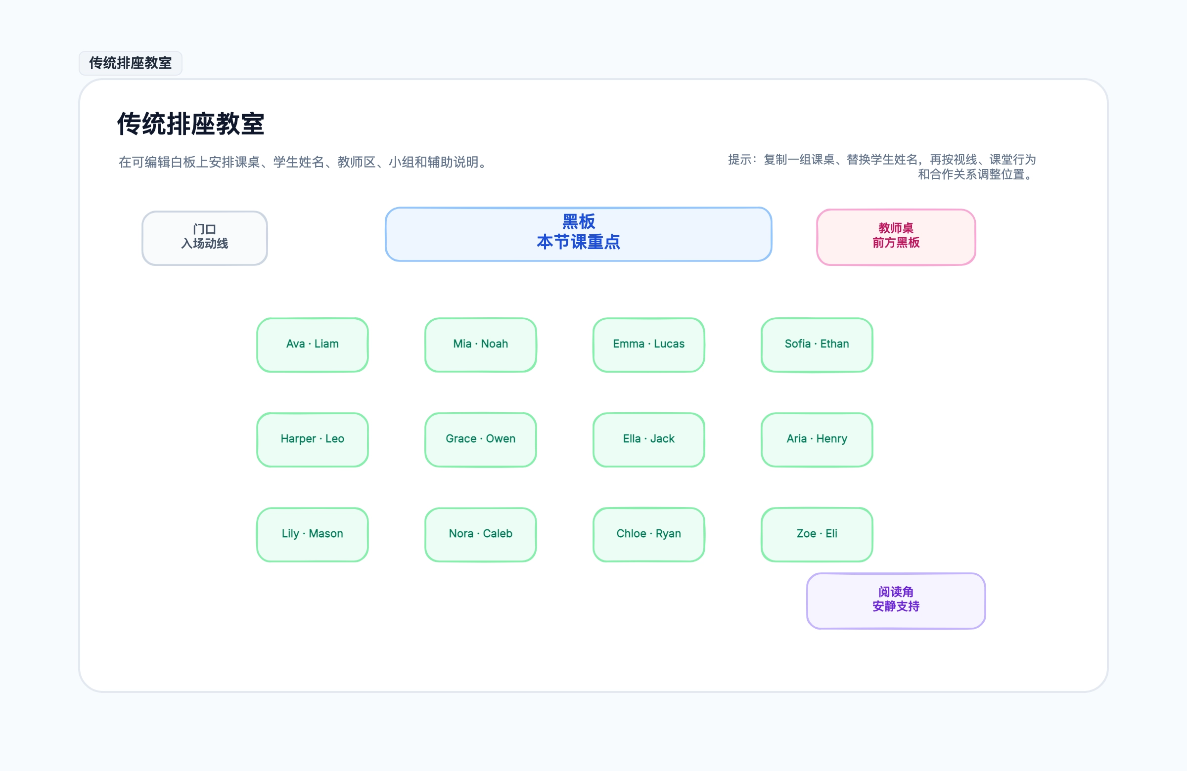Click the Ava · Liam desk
[x=312, y=345]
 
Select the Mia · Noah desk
[x=480, y=345]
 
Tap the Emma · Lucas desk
[x=648, y=345]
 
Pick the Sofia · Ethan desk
[x=817, y=345]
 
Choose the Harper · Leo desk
[x=312, y=439]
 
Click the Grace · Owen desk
[x=480, y=439]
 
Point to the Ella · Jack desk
[x=648, y=439]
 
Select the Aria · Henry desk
[x=817, y=439]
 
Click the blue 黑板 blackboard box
[x=578, y=234]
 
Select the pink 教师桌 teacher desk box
[x=896, y=237]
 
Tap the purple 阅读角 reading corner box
[x=896, y=601]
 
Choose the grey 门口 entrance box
[x=204, y=238]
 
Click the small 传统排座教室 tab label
[x=130, y=63]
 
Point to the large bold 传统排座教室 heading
[x=190, y=124]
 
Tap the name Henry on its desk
[x=831, y=438]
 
